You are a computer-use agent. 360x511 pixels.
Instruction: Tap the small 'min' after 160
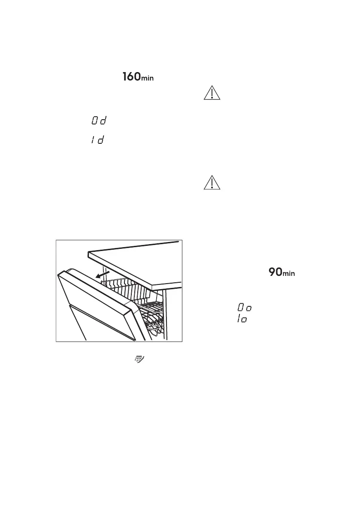[x=147, y=79]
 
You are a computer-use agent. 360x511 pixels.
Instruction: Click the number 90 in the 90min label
[x=275, y=272]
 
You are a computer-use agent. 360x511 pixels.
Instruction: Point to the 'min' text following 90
[x=289, y=274]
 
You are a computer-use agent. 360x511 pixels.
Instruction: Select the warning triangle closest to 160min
[x=212, y=94]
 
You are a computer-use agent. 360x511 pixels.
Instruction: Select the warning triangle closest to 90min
[x=212, y=183]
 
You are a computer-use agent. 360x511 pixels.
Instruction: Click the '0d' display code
[x=99, y=121]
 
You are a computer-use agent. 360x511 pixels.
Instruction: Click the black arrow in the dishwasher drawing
[x=102, y=274]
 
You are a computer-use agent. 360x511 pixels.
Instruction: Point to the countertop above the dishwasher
[x=137, y=262]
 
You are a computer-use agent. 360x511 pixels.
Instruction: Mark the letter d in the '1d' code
[x=101, y=141]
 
